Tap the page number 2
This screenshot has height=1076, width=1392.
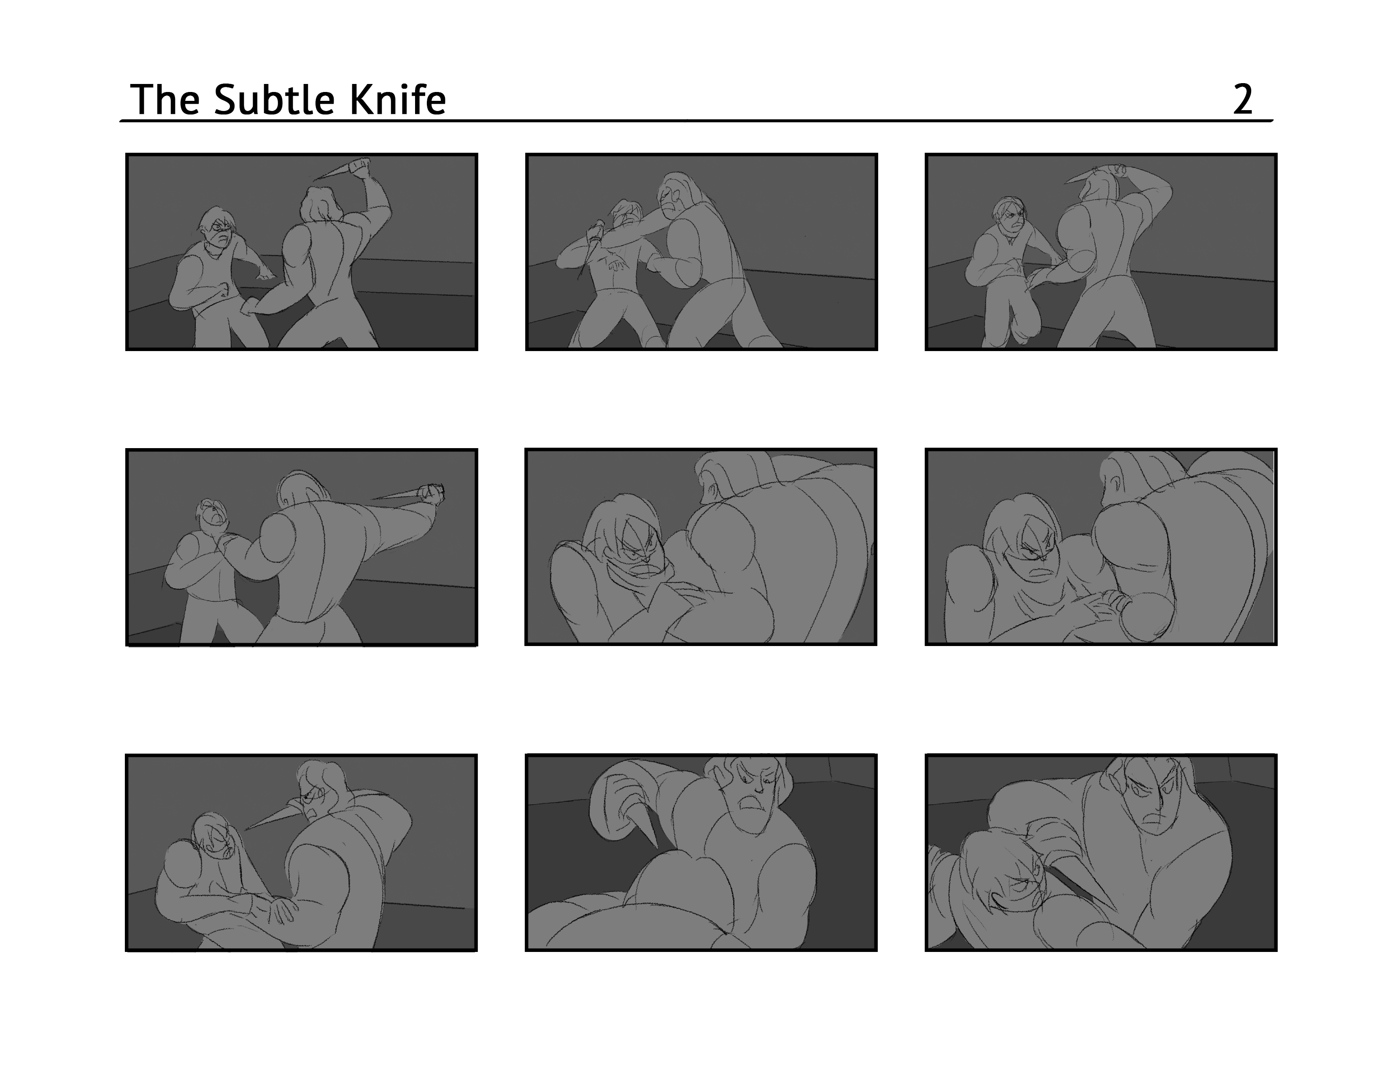click(x=1243, y=100)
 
